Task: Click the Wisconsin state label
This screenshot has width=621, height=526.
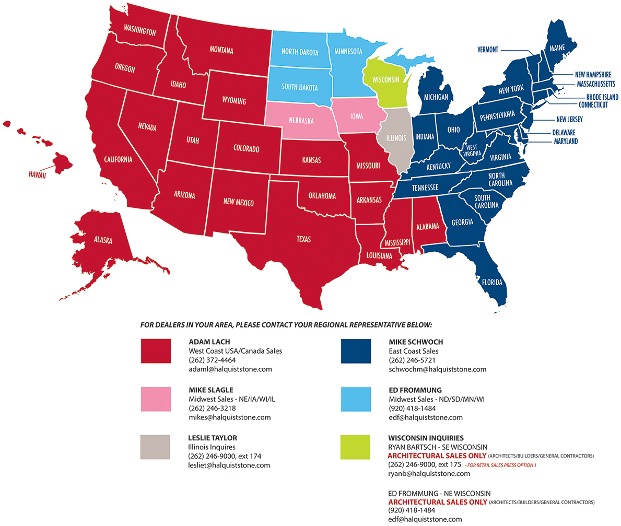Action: click(386, 80)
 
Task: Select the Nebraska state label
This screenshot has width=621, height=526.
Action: click(301, 121)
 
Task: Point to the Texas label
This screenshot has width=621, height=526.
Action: click(303, 239)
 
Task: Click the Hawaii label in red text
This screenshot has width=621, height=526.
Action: click(38, 176)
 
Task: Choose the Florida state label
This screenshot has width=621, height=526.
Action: click(493, 283)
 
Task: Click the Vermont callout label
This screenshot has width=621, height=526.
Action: click(488, 50)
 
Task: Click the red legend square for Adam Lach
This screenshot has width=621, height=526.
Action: click(156, 350)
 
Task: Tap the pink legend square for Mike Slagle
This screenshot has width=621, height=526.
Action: click(156, 400)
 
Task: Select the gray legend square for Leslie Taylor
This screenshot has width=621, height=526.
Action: click(156, 447)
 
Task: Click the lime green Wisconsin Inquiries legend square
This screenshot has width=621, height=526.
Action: click(356, 447)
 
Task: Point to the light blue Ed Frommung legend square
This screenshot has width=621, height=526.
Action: click(356, 400)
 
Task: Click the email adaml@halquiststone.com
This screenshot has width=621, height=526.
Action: click(230, 369)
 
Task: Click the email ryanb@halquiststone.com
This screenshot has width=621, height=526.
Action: click(429, 474)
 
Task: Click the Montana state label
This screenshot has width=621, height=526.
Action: click(221, 51)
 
